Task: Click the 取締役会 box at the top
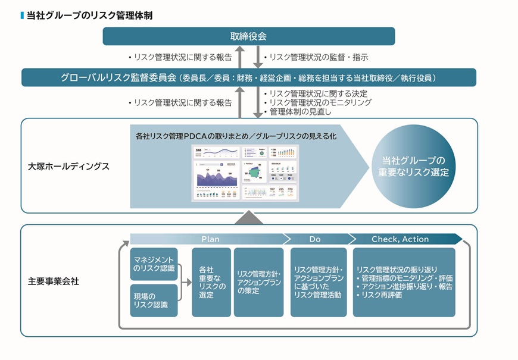248,36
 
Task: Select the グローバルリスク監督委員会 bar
248,77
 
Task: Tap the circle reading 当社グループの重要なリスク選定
413,166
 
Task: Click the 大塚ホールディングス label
68,166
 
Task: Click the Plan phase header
210,239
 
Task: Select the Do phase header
314,239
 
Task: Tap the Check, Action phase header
400,239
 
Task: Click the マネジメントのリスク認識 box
154,264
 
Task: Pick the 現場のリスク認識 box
154,300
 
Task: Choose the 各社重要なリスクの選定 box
211,282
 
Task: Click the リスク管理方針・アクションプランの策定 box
258,282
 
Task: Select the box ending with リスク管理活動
318,282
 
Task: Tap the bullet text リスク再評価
382,295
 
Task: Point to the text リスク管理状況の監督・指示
316,58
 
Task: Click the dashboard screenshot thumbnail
245,173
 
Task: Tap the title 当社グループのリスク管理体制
89,15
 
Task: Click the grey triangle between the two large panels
249,218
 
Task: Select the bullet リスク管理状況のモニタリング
320,102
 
